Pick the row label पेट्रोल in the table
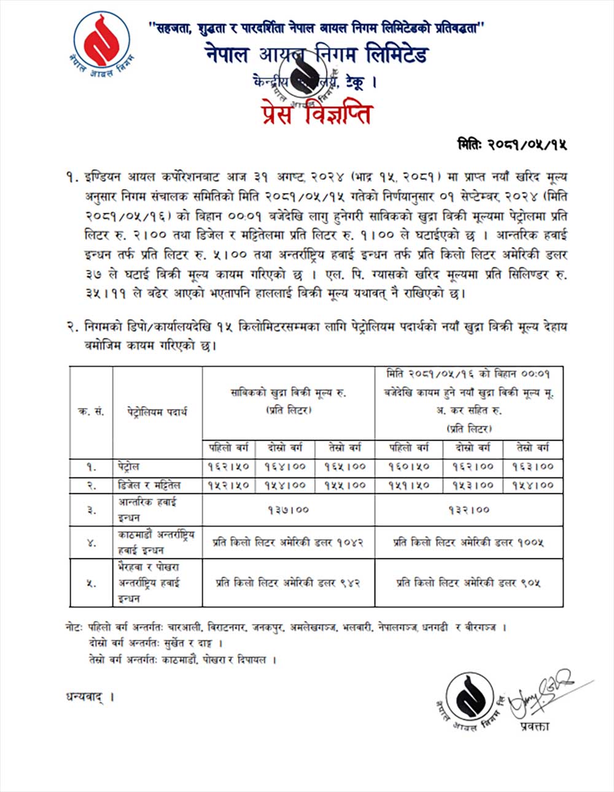pyautogui.click(x=130, y=466)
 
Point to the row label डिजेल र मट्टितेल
pyautogui.click(x=149, y=485)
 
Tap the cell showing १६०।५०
pyautogui.click(x=409, y=466)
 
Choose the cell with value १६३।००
pyautogui.click(x=532, y=466)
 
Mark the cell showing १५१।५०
pyautogui.click(x=409, y=485)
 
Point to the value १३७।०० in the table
pyautogui.click(x=288, y=509)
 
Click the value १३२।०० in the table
pyautogui.click(x=469, y=509)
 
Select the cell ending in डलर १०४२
pyautogui.click(x=288, y=543)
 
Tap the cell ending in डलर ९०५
pyautogui.click(x=469, y=582)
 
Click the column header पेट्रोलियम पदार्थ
pyautogui.click(x=157, y=412)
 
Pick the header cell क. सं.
pyautogui.click(x=91, y=412)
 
